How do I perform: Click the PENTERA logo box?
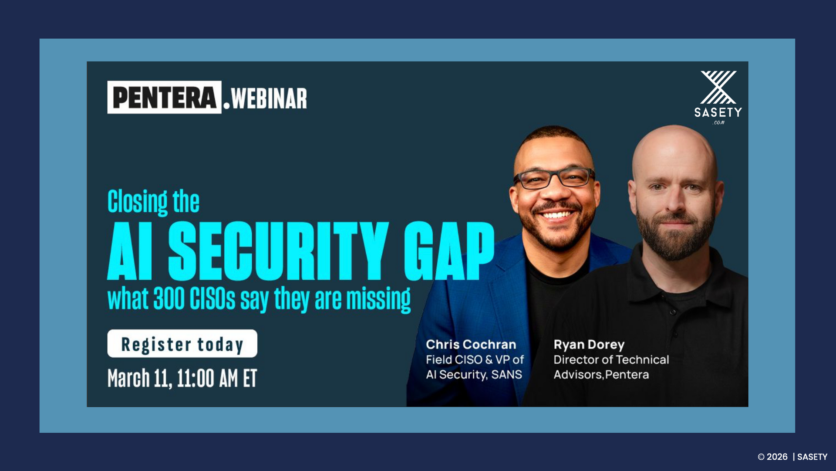pyautogui.click(x=164, y=97)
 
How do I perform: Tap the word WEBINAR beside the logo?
pyautogui.click(x=269, y=98)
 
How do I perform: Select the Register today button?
pyautogui.click(x=182, y=344)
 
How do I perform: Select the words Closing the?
pyautogui.click(x=153, y=202)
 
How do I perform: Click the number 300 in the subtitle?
pyautogui.click(x=169, y=299)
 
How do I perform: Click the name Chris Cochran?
pyautogui.click(x=471, y=345)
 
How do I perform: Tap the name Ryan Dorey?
pyautogui.click(x=589, y=345)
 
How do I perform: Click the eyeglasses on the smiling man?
pyautogui.click(x=554, y=178)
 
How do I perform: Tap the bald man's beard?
pyautogui.click(x=675, y=240)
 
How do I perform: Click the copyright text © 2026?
pyautogui.click(x=772, y=457)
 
